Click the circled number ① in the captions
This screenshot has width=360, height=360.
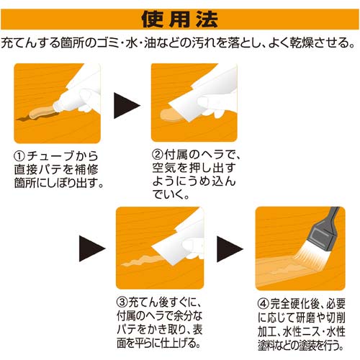point(21,156)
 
